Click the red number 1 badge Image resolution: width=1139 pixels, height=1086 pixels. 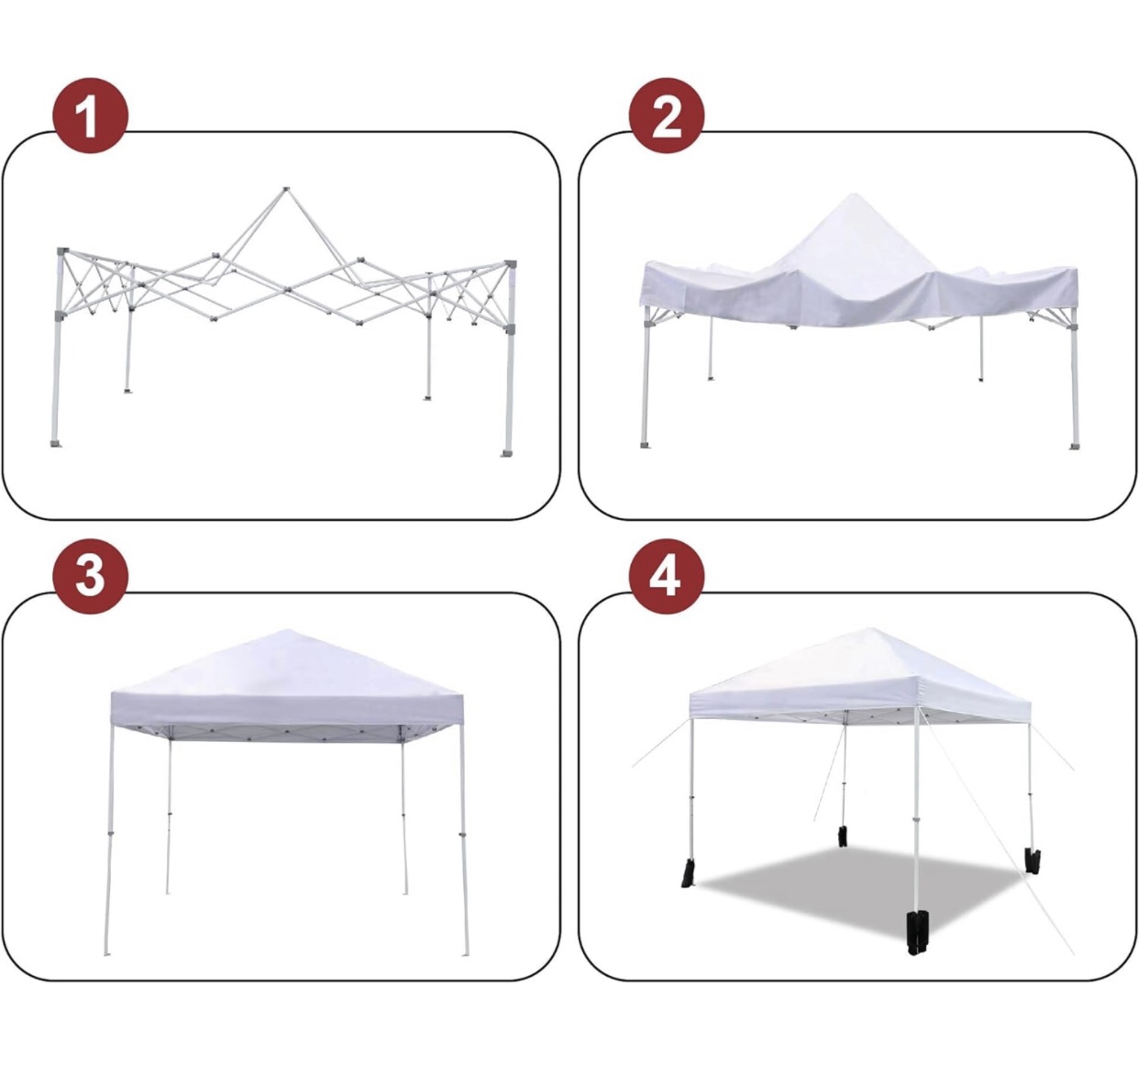[x=89, y=116]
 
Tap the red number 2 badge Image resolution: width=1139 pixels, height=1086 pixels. [x=666, y=116]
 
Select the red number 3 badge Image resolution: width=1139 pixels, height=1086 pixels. [x=89, y=576]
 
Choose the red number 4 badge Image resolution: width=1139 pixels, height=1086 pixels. [x=666, y=576]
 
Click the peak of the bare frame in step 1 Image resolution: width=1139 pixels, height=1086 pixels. [x=285, y=190]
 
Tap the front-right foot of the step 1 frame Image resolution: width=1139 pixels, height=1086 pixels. [x=506, y=451]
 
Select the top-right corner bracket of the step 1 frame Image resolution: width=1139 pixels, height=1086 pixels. [x=512, y=263]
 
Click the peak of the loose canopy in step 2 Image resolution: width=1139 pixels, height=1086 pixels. [x=853, y=196]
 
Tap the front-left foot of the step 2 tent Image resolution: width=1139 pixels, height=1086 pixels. [x=645, y=445]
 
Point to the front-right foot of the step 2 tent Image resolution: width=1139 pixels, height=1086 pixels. [x=1074, y=446]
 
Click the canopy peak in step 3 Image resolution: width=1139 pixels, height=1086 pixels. [x=287, y=632]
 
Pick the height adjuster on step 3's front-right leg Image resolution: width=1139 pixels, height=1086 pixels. [x=463, y=835]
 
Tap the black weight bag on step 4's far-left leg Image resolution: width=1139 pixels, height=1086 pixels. [x=688, y=873]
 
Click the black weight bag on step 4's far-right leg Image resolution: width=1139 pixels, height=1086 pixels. [x=1032, y=860]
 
